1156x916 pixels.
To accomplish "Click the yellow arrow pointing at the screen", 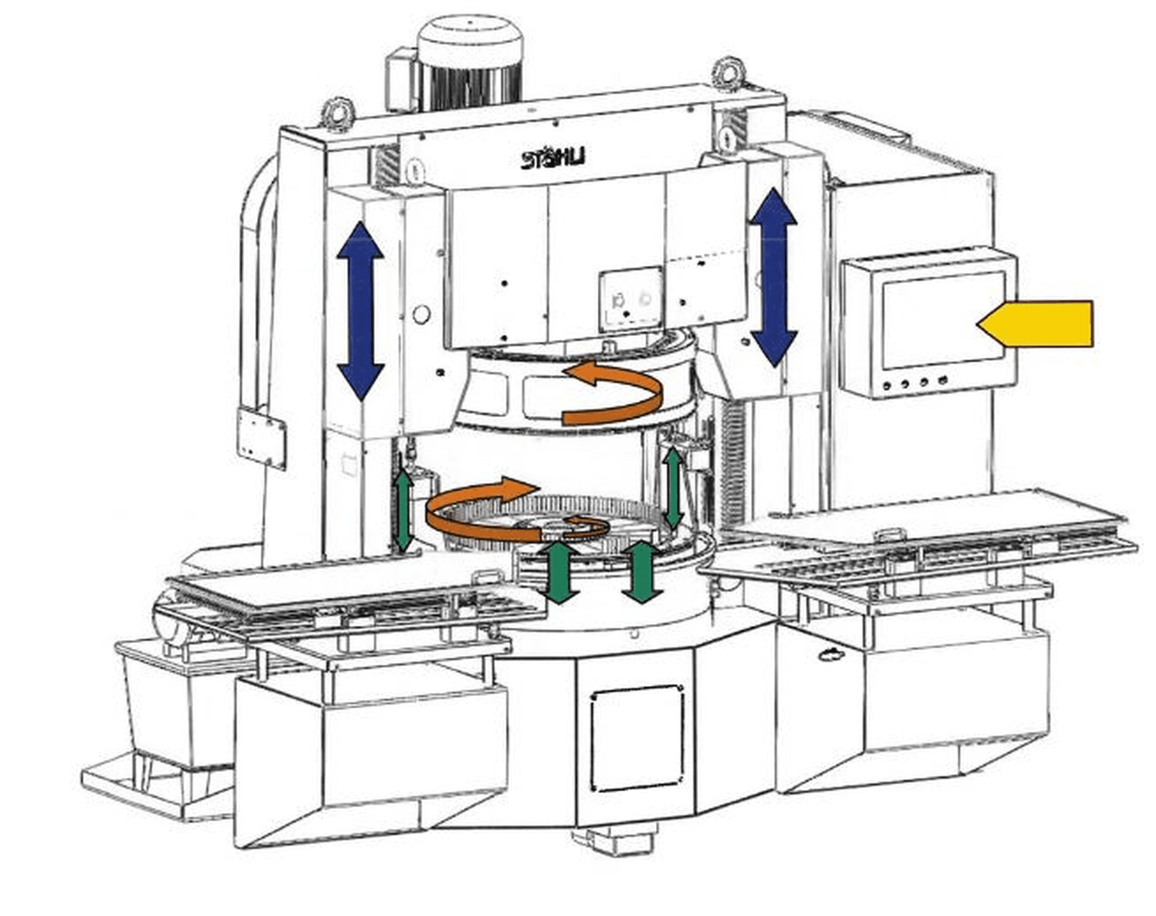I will (x=1039, y=324).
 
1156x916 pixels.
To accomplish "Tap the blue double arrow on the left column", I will (x=360, y=311).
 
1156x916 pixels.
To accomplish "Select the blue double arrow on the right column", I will (x=773, y=277).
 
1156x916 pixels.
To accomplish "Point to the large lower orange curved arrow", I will (x=476, y=512).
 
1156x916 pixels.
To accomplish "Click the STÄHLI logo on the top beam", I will (x=553, y=159).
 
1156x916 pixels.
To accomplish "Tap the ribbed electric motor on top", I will (x=470, y=66).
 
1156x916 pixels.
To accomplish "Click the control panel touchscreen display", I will (x=943, y=319).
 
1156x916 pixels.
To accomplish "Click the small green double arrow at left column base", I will (x=404, y=511).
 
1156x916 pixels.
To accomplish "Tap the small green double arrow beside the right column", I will (x=673, y=488).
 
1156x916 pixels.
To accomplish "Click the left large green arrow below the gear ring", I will (x=558, y=572).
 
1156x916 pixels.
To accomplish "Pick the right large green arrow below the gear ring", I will (x=642, y=572).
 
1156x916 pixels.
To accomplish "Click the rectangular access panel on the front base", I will (x=637, y=738).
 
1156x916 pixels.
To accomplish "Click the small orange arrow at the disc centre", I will (x=587, y=526).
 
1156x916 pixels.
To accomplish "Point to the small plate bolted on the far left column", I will (x=261, y=437).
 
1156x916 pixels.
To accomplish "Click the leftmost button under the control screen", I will (x=887, y=385).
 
